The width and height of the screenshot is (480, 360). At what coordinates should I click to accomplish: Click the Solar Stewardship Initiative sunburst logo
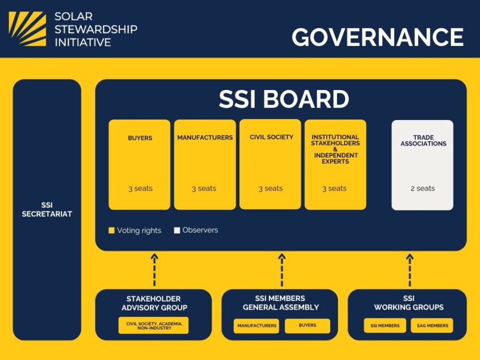point(27,29)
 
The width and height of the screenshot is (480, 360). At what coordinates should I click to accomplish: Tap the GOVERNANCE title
point(377,37)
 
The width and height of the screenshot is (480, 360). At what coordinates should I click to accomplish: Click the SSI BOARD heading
point(284,99)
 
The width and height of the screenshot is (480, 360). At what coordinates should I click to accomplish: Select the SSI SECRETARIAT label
point(47,209)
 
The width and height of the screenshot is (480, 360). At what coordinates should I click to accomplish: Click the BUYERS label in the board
point(140,138)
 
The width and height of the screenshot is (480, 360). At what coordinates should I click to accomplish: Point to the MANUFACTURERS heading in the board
point(205,138)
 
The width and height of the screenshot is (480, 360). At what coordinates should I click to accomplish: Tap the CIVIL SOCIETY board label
point(271,137)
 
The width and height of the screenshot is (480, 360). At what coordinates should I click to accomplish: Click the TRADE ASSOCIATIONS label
point(423,140)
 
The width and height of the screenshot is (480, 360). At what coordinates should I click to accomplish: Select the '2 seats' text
point(422,188)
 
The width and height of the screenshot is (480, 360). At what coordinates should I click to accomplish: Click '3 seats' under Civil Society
point(270,188)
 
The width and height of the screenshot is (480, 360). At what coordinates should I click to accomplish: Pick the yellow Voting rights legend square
point(111,230)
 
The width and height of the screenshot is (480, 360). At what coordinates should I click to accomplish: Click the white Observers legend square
point(177,230)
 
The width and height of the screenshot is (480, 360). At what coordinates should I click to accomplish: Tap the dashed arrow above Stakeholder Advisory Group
point(154,269)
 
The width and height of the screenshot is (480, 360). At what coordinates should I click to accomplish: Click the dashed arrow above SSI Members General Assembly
point(281,269)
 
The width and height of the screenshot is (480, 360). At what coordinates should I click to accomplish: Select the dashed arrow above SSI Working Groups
point(409,269)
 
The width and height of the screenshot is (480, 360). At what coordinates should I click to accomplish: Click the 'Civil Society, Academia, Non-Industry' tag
point(153,325)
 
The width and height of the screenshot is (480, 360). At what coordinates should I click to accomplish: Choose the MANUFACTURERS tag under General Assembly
point(256,325)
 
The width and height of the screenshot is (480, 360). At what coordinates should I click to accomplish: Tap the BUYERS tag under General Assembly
point(307,325)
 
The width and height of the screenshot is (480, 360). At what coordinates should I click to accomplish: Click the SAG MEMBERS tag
point(432,325)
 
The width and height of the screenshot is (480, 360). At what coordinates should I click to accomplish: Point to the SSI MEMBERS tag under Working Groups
point(385,325)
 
